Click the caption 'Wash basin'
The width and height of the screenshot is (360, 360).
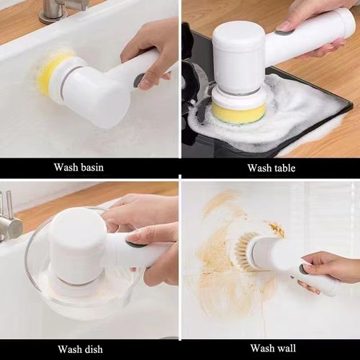click(78, 168)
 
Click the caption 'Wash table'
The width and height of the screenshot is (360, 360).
click(270, 168)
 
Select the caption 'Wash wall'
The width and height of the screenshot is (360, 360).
click(270, 349)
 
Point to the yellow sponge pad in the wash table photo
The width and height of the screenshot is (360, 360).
click(238, 112)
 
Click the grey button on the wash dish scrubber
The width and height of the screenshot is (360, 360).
click(134, 244)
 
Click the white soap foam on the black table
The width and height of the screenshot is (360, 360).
click(295, 108)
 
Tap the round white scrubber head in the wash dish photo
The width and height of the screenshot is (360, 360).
click(76, 245)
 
